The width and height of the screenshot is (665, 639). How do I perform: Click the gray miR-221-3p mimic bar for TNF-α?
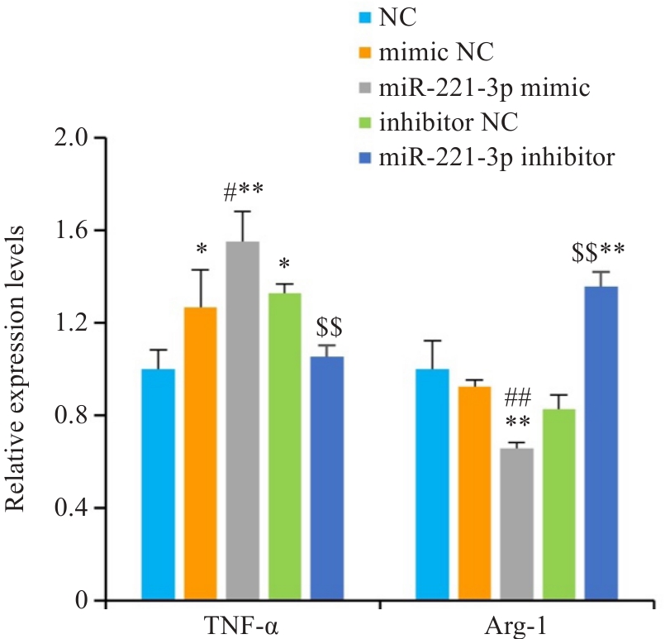pos(243,421)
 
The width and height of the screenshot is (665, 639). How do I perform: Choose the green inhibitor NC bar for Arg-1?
pos(559,504)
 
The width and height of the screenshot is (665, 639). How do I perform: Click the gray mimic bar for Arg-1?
pos(517,524)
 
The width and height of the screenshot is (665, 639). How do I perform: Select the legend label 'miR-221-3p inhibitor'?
pos(496,156)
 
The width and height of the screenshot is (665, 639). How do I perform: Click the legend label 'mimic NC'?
pos(436,54)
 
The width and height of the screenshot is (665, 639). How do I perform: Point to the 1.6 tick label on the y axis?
pos(72,230)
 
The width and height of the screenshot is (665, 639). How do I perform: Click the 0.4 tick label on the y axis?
pos(72,508)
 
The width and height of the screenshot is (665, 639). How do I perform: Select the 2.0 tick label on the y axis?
pos(72,137)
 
